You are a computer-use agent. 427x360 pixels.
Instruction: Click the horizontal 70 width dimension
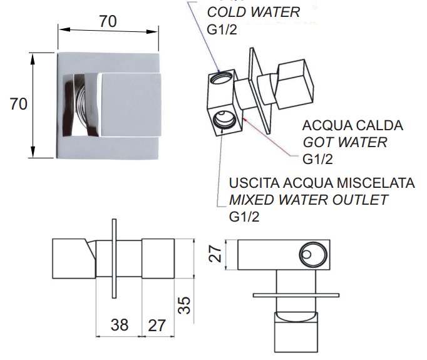point(108,21)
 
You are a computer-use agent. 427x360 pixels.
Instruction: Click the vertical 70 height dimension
point(19,104)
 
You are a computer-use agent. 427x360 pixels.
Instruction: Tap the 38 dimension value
point(120,324)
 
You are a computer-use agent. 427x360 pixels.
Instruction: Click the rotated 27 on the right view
point(215,254)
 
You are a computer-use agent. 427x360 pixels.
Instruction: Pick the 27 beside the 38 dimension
point(157,325)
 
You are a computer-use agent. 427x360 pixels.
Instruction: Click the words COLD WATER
point(254,12)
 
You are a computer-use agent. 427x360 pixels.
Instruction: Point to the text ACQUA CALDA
point(352,126)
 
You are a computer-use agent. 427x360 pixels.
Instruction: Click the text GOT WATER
point(345,142)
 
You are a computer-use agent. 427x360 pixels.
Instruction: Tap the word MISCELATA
point(376,183)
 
